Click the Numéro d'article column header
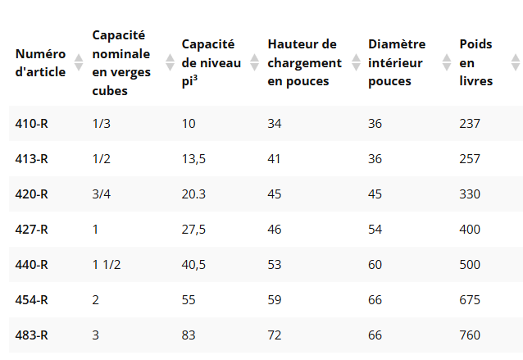40,62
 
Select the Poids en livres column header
475,62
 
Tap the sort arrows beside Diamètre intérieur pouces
447,62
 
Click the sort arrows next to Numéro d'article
79,62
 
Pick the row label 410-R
32,124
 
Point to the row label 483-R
32,335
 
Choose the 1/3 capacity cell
101,124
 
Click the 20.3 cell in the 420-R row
193,194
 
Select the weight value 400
470,230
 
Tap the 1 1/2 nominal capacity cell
107,265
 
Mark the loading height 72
275,335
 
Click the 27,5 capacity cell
193,230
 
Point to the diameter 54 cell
375,230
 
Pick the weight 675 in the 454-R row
470,300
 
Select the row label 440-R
32,265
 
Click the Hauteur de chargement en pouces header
304,62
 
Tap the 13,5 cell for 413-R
193,159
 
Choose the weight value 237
470,124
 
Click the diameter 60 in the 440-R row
375,265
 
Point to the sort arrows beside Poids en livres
516,62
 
